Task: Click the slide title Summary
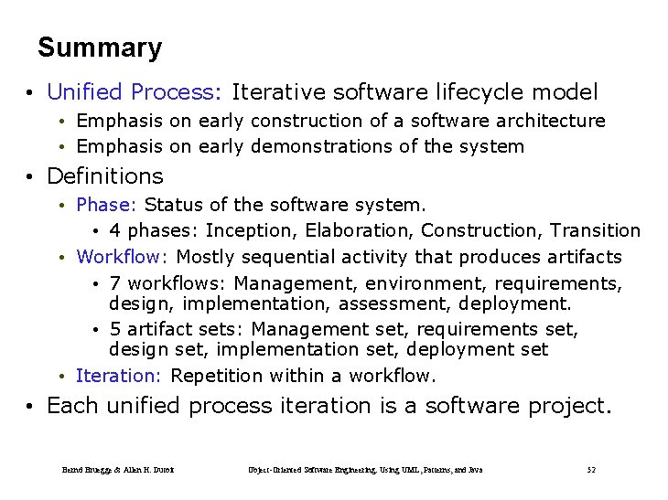pos(100,48)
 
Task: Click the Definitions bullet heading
pos(104,176)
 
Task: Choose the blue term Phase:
pos(107,204)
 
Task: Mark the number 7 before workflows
pos(114,284)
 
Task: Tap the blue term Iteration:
pos(119,376)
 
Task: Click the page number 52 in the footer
pos(591,470)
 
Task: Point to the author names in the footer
pos(118,470)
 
